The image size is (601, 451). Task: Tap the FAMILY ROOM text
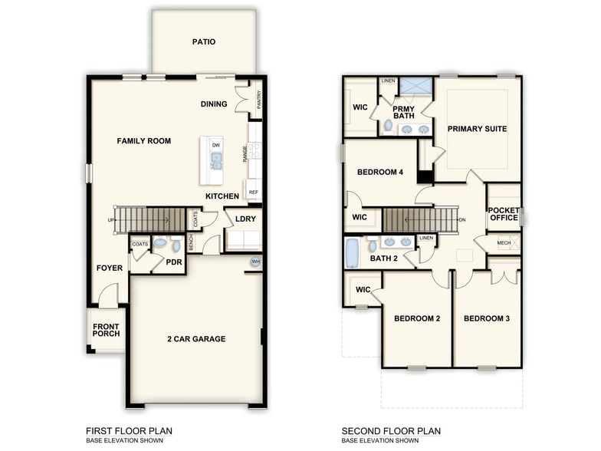(143, 141)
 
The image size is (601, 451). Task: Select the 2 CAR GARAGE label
(197, 338)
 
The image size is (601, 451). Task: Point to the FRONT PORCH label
(106, 331)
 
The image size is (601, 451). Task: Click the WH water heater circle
(255, 262)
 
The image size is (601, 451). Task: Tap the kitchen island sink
(216, 161)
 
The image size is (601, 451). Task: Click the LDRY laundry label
(245, 219)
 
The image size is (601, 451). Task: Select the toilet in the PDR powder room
(160, 243)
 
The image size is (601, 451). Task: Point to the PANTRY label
(259, 100)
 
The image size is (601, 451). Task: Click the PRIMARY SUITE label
(477, 129)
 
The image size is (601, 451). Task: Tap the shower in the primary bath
(415, 86)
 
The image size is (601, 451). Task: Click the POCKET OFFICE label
(504, 214)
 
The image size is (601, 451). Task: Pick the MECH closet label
(504, 243)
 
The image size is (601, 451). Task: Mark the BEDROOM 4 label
(379, 172)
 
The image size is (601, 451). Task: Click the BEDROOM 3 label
(487, 318)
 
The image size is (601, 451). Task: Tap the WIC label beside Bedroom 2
(363, 290)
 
